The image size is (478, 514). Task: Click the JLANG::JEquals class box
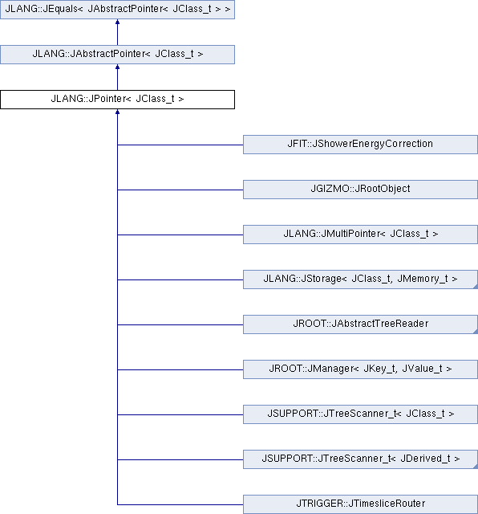pos(118,9)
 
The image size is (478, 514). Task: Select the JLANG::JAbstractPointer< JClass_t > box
pos(118,55)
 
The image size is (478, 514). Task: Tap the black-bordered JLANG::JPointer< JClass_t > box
pos(118,100)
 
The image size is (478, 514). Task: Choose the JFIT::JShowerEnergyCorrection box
pos(360,145)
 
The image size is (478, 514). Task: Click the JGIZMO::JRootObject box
pos(360,190)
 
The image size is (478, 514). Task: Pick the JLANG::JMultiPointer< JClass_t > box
pos(360,235)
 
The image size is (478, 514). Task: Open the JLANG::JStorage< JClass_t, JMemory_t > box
pos(360,279)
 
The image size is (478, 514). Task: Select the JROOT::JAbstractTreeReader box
pos(360,324)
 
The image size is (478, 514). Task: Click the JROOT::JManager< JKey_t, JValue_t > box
pos(360,369)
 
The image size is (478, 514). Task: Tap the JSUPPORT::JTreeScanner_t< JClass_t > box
pos(360,414)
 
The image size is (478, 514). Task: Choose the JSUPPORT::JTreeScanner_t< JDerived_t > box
pos(360,459)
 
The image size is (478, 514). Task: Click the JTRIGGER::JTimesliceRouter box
pos(360,504)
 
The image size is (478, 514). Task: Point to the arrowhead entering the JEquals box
pos(118,22)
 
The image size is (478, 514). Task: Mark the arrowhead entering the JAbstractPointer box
pos(118,67)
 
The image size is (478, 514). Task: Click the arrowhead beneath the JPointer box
pos(118,112)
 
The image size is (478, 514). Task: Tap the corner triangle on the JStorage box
pos(476,288)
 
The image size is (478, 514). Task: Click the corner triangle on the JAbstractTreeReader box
pos(476,332)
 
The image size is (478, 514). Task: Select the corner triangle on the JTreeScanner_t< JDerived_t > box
pos(476,467)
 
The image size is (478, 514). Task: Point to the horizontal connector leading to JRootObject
pos(180,190)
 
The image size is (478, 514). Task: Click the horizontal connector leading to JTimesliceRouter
pos(180,504)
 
